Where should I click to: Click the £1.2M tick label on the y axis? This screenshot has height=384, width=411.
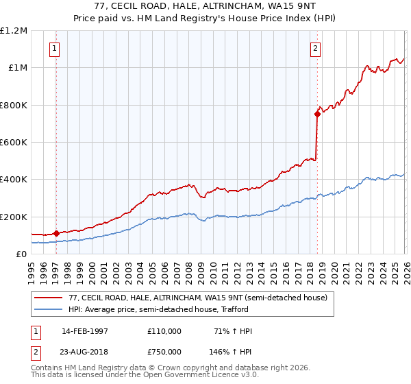tap(14, 31)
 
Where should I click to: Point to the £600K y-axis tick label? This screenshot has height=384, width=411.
tap(14, 143)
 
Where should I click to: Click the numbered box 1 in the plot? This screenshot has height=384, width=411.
tap(54, 49)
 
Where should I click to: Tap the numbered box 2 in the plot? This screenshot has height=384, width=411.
tap(315, 49)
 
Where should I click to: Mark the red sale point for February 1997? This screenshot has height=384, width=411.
tap(56, 233)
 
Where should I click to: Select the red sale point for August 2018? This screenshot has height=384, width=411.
tap(317, 115)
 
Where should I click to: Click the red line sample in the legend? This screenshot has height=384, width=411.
tap(49, 297)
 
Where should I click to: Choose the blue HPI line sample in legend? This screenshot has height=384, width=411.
tap(49, 309)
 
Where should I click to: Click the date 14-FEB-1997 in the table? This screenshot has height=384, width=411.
tap(84, 331)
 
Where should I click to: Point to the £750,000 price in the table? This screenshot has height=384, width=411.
tap(164, 351)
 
